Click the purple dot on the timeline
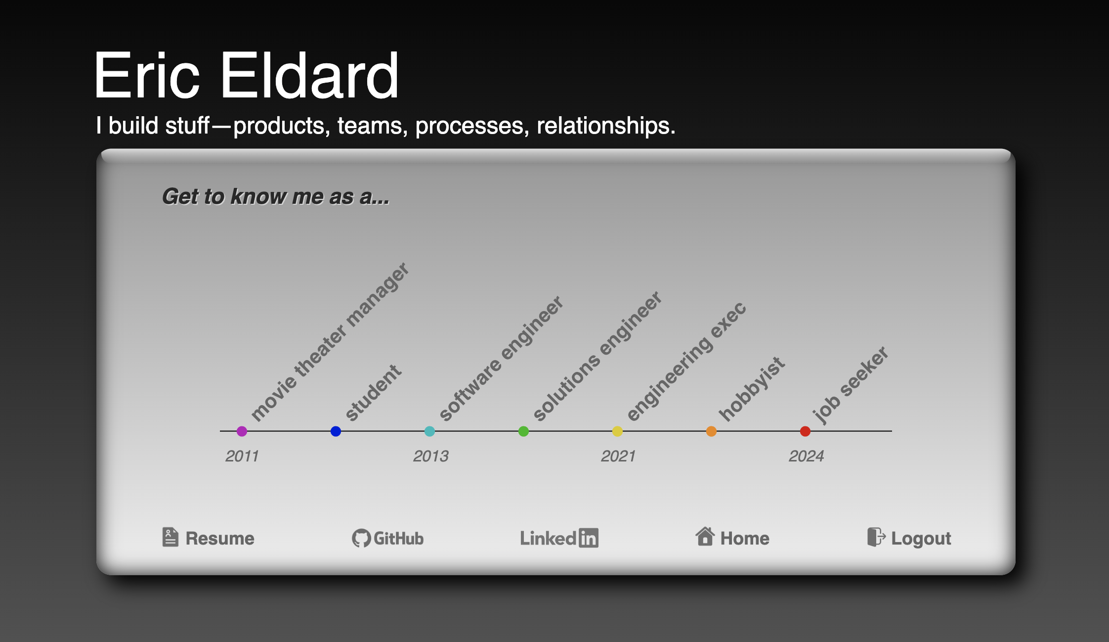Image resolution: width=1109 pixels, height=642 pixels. [x=242, y=431]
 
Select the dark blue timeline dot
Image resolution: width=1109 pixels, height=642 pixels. [x=336, y=431]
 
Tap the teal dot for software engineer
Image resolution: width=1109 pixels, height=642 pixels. [x=429, y=431]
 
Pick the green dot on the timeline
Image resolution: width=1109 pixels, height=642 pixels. [x=523, y=431]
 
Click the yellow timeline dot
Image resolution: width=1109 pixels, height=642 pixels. [x=617, y=431]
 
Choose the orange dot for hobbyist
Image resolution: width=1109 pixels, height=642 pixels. [x=711, y=431]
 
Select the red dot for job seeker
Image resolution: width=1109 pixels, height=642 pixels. [x=805, y=431]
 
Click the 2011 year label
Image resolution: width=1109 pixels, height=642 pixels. [x=242, y=456]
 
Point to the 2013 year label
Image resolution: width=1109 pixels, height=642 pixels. [x=431, y=456]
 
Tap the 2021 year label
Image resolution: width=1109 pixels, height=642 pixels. [x=618, y=456]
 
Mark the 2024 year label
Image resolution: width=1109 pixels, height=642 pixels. [x=807, y=456]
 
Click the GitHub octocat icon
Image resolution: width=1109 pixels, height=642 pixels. [x=361, y=538]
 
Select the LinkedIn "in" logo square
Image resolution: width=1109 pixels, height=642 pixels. [x=589, y=538]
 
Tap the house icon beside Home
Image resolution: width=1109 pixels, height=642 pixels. [x=705, y=536]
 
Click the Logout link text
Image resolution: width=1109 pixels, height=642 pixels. [x=921, y=539]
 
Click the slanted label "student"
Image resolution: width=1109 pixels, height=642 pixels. [x=373, y=393]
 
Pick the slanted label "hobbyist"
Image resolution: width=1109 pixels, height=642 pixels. [x=752, y=389]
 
